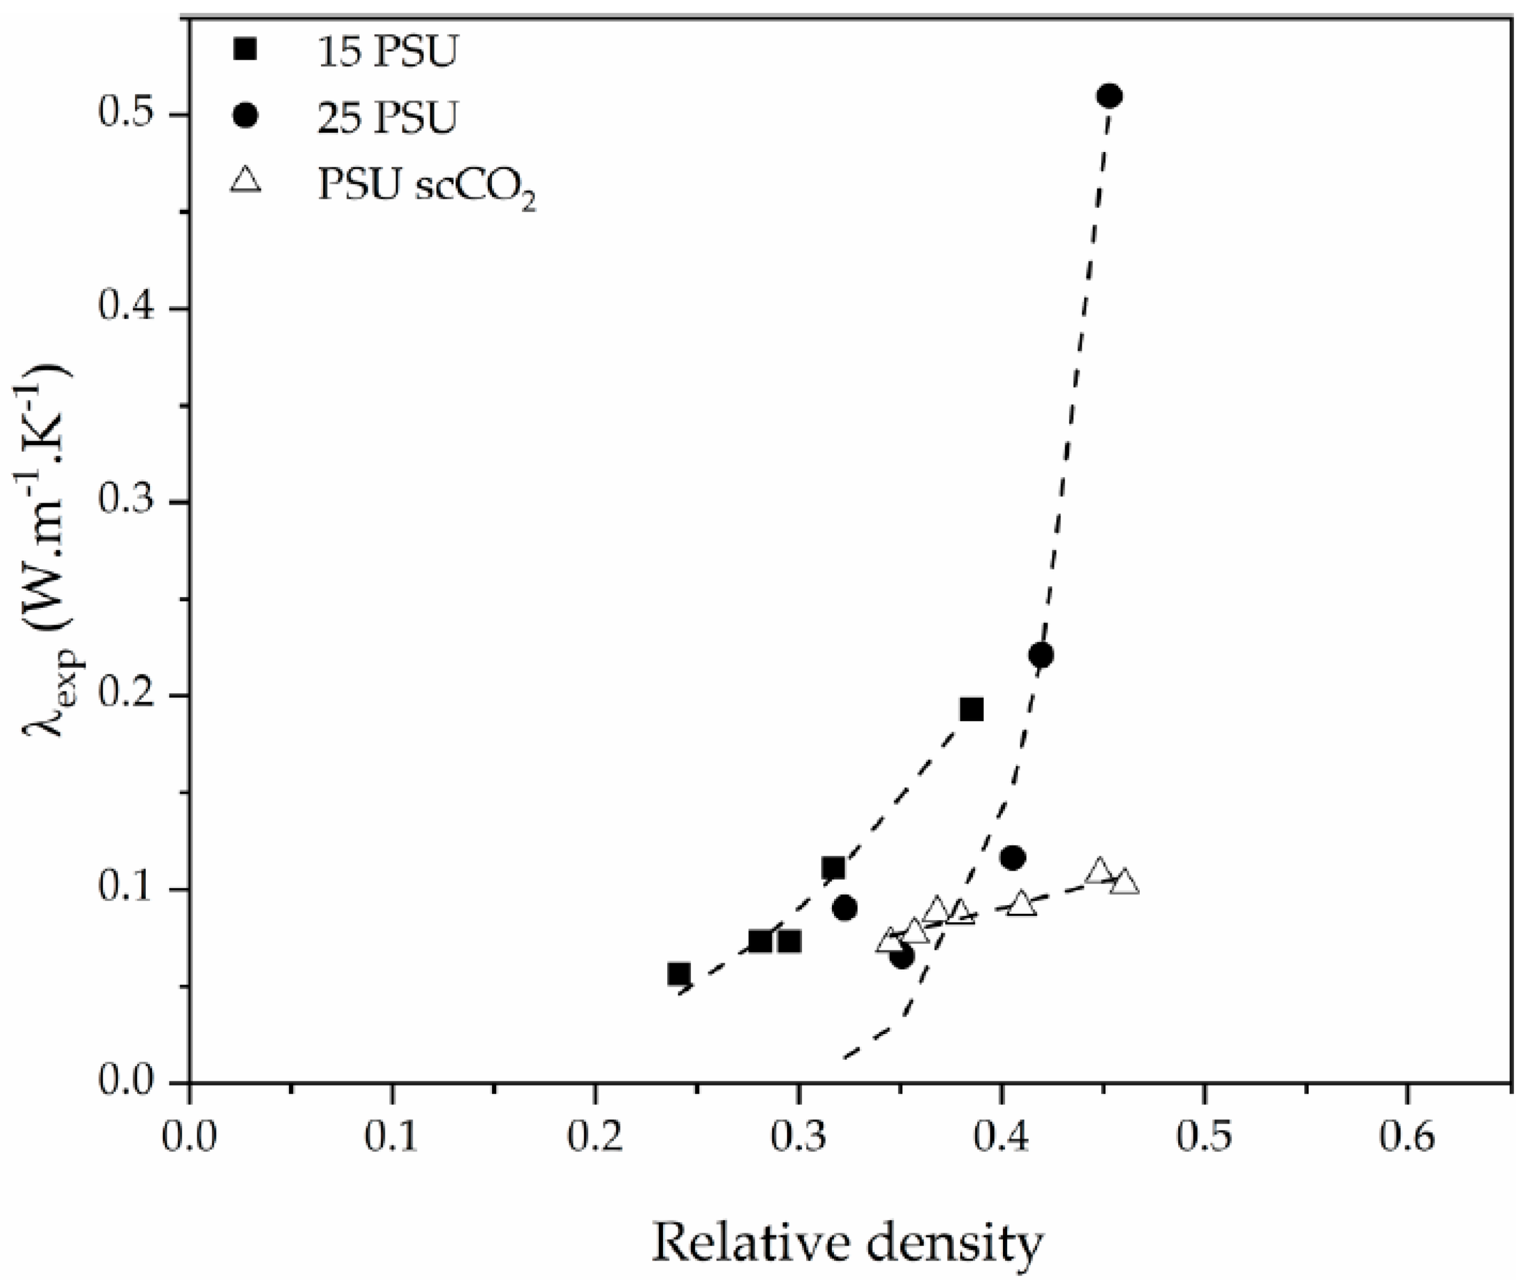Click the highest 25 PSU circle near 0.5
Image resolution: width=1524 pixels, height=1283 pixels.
[x=1109, y=96]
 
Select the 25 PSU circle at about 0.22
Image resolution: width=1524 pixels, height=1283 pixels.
[x=1041, y=655]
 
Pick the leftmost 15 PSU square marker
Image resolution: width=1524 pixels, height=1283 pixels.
[x=678, y=973]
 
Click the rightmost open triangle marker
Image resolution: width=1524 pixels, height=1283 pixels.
[x=1124, y=882]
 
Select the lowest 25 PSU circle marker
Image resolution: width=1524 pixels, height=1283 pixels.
[x=902, y=957]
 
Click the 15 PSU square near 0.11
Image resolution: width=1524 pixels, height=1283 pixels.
[x=834, y=868]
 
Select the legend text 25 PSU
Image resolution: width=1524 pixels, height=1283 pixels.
[x=386, y=117]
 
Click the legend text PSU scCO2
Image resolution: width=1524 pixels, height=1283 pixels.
[x=426, y=186]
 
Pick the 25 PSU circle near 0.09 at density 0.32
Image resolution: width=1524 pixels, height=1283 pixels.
[x=844, y=908]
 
